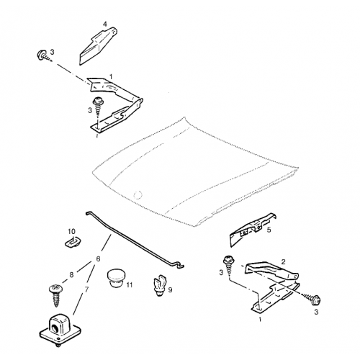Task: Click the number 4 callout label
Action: click(x=105, y=24)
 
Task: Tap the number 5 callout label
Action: click(x=269, y=230)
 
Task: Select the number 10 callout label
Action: click(x=71, y=231)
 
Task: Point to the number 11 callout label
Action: click(x=130, y=285)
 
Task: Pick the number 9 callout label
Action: click(x=170, y=290)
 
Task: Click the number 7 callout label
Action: click(x=86, y=289)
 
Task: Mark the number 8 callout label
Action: click(x=71, y=275)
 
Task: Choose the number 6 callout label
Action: click(x=98, y=259)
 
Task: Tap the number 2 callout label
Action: click(x=283, y=261)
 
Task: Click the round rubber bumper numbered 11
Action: click(x=115, y=278)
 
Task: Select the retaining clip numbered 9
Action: click(x=158, y=286)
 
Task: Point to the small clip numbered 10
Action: click(x=73, y=241)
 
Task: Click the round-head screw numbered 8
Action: click(x=56, y=295)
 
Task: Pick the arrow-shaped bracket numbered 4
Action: click(x=97, y=45)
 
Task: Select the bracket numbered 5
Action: click(x=252, y=229)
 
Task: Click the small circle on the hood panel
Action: click(x=138, y=194)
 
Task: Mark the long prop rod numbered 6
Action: click(x=135, y=240)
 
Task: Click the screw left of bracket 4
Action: click(x=45, y=55)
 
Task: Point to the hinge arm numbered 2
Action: click(x=272, y=271)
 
